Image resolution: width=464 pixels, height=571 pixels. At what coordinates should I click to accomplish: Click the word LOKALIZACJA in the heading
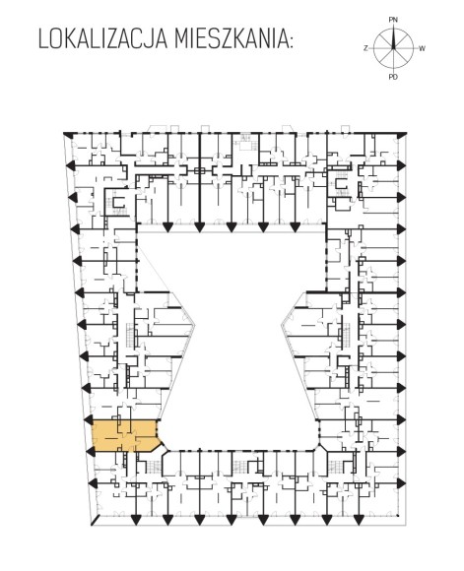click(102, 39)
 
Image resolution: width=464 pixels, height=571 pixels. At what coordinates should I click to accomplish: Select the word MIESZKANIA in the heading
click(230, 39)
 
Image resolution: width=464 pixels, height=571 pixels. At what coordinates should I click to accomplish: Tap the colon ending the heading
click(290, 42)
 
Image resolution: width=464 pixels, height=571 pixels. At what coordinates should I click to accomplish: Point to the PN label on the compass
click(393, 20)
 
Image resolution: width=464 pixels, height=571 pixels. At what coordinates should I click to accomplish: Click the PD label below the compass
click(393, 77)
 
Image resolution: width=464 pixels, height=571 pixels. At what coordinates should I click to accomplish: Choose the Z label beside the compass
click(365, 48)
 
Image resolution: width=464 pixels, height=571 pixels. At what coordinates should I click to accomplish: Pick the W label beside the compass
click(422, 48)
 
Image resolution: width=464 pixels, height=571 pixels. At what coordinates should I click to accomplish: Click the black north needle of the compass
click(393, 37)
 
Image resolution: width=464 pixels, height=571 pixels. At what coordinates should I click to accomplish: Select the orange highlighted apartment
click(126, 435)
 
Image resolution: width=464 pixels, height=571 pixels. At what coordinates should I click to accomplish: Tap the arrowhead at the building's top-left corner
click(67, 135)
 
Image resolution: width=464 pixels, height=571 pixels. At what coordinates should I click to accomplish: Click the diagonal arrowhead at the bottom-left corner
click(96, 520)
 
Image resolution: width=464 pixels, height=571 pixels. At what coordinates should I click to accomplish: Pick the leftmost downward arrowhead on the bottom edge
click(136, 520)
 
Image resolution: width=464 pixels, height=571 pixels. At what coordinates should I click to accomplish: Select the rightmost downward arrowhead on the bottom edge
click(359, 520)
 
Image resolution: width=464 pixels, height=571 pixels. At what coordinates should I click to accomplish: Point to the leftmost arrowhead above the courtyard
click(167, 227)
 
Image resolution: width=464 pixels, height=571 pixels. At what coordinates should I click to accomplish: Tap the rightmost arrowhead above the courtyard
click(295, 227)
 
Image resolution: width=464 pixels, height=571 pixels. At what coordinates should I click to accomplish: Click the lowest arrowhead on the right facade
click(401, 483)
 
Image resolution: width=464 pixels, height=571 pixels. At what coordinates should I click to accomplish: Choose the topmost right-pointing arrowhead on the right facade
click(401, 165)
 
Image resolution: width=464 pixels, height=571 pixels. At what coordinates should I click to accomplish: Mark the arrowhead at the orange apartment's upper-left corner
click(89, 419)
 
